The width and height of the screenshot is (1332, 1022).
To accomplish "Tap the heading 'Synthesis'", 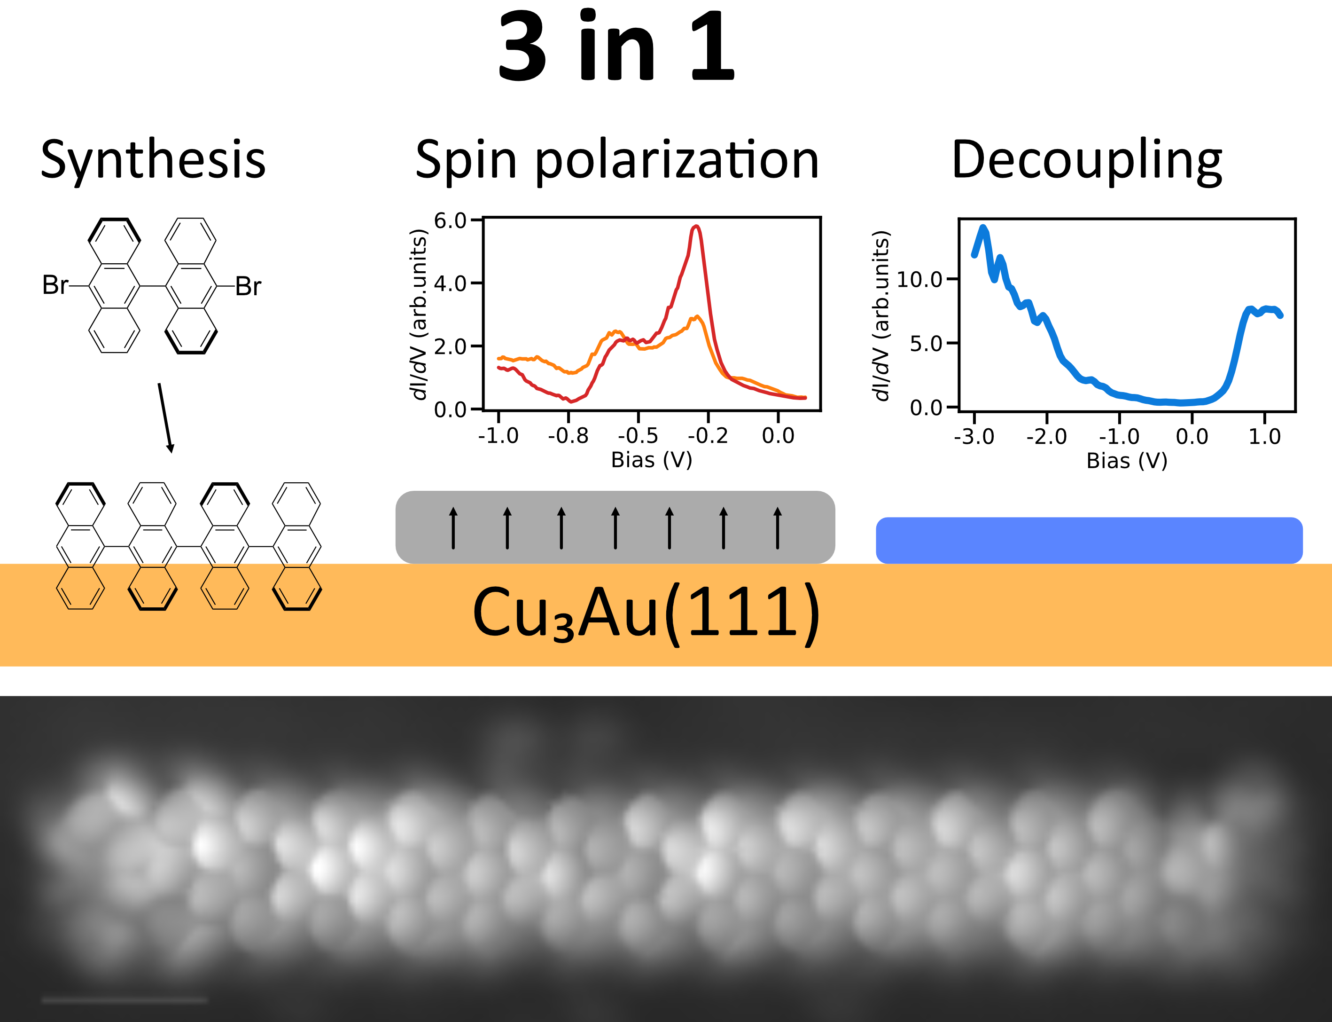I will coord(153,159).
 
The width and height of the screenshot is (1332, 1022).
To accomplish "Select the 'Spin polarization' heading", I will coord(616,159).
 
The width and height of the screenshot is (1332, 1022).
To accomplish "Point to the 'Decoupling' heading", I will coord(1086,159).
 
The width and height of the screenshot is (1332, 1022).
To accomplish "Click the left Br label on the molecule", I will coord(55,285).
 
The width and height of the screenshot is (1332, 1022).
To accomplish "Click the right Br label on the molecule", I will coord(248,286).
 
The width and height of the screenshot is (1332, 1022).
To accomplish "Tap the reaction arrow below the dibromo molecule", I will coord(165,418).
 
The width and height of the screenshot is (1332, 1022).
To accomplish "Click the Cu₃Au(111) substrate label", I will coord(646,613).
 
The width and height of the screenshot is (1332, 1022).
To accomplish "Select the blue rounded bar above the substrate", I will coord(1089,540).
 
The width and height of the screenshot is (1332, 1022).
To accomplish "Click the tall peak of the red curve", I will coord(696,228).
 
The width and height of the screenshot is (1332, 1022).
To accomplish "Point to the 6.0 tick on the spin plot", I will coord(450,220).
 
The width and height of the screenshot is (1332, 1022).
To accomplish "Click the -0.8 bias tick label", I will coord(568,436).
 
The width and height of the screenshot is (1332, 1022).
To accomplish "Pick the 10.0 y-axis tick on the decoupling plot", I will coord(919,280).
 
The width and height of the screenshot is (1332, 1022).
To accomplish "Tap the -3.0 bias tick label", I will coord(974,437).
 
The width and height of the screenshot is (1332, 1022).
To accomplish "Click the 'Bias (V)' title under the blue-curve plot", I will coord(1127,461).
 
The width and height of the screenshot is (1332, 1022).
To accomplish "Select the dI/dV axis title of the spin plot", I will coord(419,314).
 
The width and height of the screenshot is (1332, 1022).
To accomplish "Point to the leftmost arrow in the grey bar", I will coord(453,528).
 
